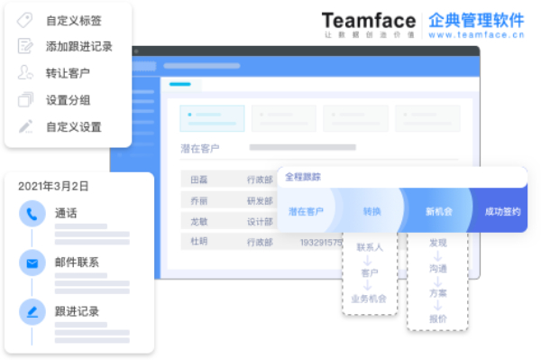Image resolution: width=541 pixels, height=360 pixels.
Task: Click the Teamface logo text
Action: coord(368,20)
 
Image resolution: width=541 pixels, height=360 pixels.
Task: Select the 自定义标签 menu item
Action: coord(73,20)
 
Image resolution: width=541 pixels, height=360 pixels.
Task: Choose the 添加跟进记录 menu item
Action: coord(79,46)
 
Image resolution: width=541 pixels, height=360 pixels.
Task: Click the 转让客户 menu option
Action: coord(68,73)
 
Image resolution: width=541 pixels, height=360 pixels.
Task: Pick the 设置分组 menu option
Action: coord(68,100)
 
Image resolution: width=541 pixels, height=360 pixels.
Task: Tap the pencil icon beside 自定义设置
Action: coord(25,127)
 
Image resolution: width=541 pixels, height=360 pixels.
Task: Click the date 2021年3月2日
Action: coord(53,186)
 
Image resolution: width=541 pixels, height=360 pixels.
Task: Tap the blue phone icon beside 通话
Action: coord(32,214)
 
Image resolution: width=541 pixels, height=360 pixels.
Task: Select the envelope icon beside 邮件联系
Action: coord(32,263)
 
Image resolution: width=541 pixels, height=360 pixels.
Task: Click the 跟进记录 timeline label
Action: coord(77,311)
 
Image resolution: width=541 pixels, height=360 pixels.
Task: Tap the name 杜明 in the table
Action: coord(197,242)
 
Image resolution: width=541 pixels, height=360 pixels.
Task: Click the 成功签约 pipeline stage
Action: coord(502,212)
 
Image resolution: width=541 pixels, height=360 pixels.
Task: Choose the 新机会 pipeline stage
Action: coord(438,212)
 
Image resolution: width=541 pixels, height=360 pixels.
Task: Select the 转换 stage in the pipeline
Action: coord(372,212)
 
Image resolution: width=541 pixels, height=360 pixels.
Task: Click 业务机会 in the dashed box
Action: coord(369,299)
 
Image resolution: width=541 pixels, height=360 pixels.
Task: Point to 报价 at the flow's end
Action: coord(438,318)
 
